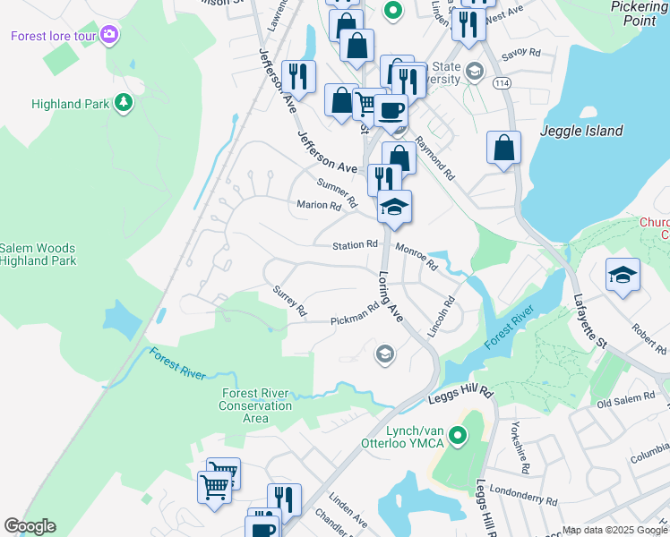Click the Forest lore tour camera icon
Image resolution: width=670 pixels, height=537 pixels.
(109, 35)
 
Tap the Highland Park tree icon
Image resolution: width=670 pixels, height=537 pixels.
(123, 103)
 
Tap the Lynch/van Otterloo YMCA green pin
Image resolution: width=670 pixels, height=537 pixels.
(459, 438)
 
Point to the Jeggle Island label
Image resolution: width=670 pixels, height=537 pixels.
(581, 131)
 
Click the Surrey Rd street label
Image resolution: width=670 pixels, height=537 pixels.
(290, 302)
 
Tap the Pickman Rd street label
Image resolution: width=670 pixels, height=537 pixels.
(355, 315)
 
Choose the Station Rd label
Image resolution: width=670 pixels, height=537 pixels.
(355, 244)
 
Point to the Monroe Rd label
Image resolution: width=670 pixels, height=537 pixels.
(416, 259)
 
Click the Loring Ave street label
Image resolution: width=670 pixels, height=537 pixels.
(391, 298)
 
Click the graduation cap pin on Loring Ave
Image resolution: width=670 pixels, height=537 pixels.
(394, 209)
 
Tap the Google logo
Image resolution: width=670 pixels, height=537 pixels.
(30, 526)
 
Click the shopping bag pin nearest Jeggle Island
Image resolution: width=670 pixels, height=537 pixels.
(504, 147)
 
